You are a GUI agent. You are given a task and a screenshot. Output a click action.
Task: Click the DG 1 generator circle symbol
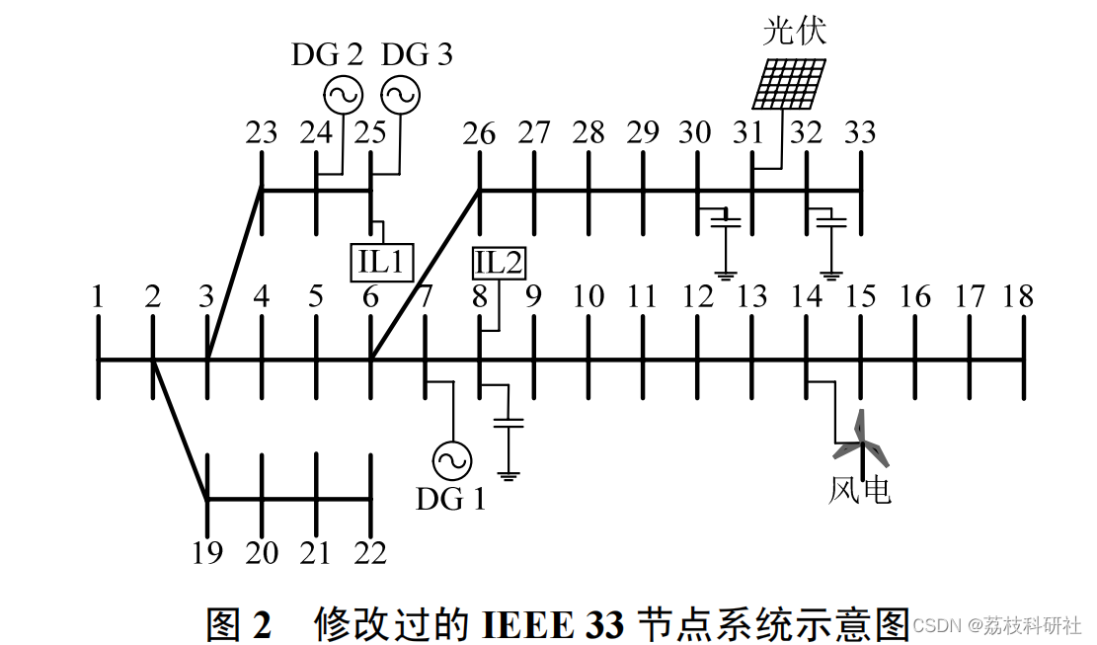(452, 461)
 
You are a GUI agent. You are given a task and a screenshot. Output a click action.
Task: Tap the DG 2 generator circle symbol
(344, 95)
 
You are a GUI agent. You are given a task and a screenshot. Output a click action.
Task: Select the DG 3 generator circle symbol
(400, 95)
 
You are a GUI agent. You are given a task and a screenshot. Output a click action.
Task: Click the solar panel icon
(789, 84)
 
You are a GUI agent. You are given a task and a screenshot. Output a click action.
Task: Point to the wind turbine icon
(861, 441)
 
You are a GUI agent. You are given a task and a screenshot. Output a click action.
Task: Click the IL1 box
(381, 263)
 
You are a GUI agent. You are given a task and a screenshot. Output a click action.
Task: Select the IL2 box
(499, 263)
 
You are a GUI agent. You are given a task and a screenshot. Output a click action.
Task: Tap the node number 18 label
(1018, 296)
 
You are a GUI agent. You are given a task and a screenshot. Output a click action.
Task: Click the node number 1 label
(98, 296)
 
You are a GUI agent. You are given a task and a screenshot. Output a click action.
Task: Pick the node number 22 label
(370, 553)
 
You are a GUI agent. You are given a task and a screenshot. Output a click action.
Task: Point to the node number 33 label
(861, 132)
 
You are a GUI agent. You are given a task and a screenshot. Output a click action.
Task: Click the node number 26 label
(479, 133)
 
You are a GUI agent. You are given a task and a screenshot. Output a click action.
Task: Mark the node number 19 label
(207, 553)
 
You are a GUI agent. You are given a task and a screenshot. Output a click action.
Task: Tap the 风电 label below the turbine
(860, 490)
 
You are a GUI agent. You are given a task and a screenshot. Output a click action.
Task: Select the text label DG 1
(450, 500)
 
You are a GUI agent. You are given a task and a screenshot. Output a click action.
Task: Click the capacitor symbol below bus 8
(509, 422)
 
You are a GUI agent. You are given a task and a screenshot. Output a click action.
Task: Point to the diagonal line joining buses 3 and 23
(234, 275)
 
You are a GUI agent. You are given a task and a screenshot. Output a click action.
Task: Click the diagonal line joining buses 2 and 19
(181, 430)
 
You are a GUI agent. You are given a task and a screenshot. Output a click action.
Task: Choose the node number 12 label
(697, 296)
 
